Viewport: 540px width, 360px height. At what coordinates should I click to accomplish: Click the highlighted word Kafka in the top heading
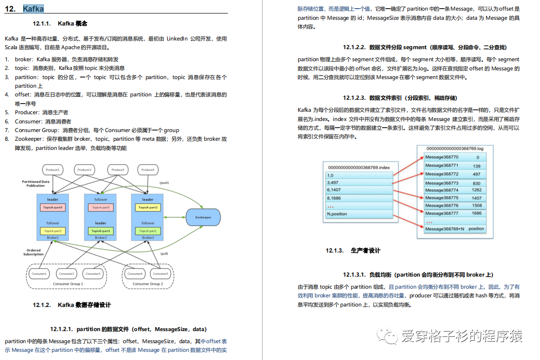click(33, 9)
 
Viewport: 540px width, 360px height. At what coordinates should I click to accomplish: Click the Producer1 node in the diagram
click(53, 170)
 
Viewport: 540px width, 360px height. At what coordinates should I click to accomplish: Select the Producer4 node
click(148, 170)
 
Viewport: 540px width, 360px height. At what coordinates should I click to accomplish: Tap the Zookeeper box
click(203, 217)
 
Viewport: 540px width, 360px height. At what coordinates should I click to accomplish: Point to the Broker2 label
click(101, 238)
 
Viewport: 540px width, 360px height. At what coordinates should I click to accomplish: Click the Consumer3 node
click(93, 274)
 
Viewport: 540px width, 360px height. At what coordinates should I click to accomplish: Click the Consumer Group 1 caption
click(68, 284)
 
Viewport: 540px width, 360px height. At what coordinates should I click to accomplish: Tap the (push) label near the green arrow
click(164, 183)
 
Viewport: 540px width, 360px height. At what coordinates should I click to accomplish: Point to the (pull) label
click(164, 253)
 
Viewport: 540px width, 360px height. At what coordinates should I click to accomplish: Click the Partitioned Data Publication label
click(36, 184)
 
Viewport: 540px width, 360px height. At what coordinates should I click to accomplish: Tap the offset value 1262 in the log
click(476, 190)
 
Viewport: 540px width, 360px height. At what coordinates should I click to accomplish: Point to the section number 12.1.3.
click(334, 251)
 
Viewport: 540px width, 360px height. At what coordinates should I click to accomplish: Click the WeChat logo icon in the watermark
click(387, 335)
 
